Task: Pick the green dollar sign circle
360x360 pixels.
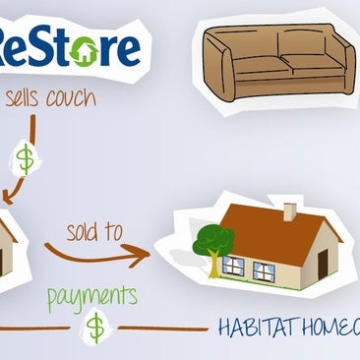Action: tap(95, 327)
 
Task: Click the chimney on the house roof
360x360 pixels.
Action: tap(290, 210)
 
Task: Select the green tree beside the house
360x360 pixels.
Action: tap(213, 239)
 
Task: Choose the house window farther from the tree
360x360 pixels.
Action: tap(265, 270)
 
